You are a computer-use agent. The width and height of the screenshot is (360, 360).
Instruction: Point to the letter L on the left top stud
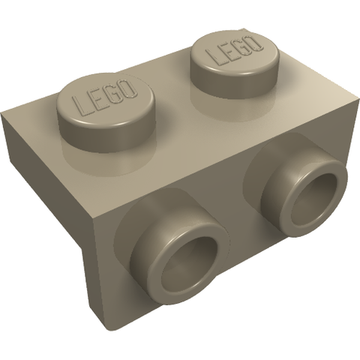(80, 106)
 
